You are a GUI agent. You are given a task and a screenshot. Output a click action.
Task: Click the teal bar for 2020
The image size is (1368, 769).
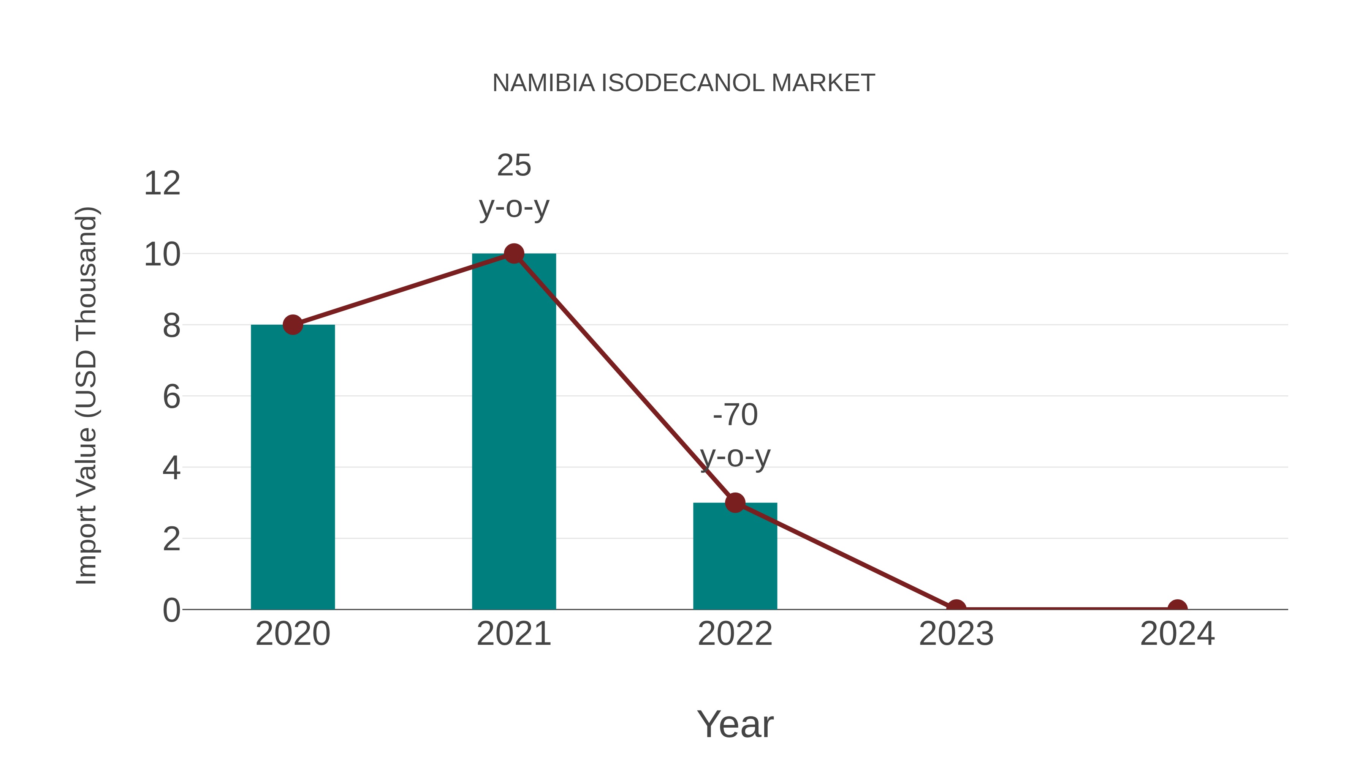click(x=293, y=467)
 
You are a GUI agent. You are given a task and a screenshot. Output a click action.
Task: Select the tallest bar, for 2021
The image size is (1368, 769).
click(x=513, y=431)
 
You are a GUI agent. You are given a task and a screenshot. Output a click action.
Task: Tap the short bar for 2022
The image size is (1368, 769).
click(x=735, y=556)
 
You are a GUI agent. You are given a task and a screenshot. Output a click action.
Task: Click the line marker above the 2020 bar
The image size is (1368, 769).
click(x=293, y=324)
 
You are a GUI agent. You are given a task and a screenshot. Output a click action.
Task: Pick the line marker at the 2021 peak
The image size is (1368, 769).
click(x=513, y=254)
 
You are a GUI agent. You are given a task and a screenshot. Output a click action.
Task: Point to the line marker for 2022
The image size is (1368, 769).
click(x=735, y=502)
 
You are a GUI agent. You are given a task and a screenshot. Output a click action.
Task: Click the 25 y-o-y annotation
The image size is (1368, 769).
click(x=513, y=186)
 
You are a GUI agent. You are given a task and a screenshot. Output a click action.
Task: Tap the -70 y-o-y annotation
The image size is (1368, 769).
click(x=735, y=435)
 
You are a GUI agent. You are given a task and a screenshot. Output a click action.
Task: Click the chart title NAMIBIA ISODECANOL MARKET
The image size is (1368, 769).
click(x=684, y=83)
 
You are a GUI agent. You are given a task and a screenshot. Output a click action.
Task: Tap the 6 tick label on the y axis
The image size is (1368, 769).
click(x=171, y=397)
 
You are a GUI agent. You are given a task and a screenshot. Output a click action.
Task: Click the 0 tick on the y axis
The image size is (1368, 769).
click(x=171, y=610)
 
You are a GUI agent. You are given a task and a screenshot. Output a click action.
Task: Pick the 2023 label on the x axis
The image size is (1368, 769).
click(x=956, y=634)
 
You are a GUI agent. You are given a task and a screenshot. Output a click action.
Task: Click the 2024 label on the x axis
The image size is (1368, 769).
click(x=1177, y=634)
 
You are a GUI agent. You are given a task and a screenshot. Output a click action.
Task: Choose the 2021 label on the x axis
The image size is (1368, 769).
click(x=513, y=634)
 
